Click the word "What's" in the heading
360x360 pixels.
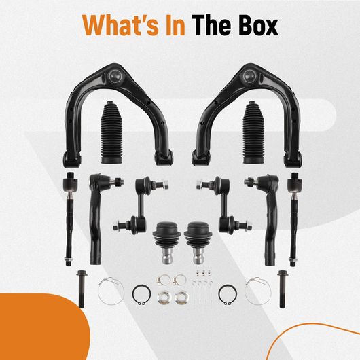point(121,25)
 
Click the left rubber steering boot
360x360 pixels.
point(111,132)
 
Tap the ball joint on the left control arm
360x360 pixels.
point(115,75)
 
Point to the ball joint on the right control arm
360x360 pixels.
point(249,75)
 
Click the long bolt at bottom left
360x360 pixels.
point(82,289)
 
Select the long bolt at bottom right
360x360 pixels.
point(282,289)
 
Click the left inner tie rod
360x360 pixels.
point(69,219)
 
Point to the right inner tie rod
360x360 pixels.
point(294,219)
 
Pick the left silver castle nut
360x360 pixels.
point(164,297)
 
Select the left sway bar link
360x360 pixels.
point(141,204)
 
